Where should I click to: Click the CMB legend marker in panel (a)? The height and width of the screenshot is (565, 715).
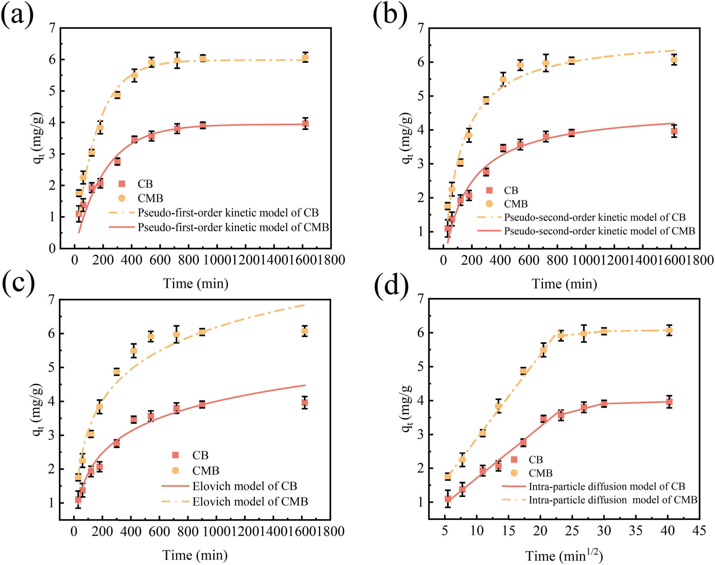pos(122,198)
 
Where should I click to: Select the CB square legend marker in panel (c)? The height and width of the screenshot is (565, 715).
pos(175,455)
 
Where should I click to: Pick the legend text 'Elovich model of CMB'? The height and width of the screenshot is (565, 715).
pos(250,501)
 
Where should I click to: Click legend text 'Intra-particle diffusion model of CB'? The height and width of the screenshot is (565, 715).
pos(607,486)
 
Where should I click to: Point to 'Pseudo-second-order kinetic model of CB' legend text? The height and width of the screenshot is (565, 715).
pos(595,217)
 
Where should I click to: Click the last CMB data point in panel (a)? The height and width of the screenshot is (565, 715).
pos(305,57)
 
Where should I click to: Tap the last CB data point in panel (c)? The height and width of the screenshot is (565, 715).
pos(305,403)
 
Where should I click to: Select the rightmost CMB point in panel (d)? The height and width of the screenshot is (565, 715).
pos(669,330)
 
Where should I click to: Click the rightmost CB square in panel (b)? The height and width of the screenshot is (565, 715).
pos(674,131)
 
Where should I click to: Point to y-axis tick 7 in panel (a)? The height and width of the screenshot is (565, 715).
pos(52,28)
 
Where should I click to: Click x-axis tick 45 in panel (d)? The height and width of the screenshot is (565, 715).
pos(699,530)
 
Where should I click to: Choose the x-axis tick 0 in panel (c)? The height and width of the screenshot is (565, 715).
pos(74,531)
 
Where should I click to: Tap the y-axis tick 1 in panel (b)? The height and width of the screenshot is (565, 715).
pos(421,232)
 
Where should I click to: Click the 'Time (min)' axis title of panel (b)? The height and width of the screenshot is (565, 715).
pos(564,284)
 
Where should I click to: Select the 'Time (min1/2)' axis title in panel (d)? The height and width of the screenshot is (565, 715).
pos(564,556)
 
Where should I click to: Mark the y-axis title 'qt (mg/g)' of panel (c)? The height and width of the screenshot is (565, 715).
pos(38,409)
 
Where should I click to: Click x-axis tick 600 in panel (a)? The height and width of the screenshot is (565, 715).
pos(160,260)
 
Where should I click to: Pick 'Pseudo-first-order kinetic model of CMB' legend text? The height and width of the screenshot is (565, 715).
pos(233,227)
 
